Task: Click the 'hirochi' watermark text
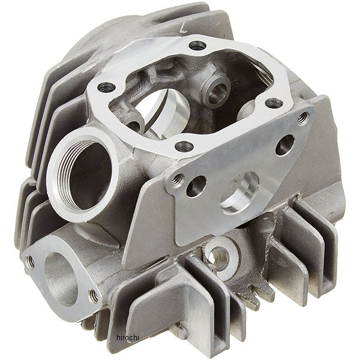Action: pyautogui.click(x=128, y=337)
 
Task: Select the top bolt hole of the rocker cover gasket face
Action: pyautogui.click(x=197, y=46)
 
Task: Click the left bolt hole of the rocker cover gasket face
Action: pyautogui.click(x=106, y=87)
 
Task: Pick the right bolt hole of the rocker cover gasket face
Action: pyautogui.click(x=274, y=103)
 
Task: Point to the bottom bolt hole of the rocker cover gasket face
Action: pyautogui.click(x=184, y=146)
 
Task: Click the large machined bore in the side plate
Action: pyautogui.click(x=239, y=193)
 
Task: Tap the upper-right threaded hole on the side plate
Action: pyautogui.click(x=303, y=118)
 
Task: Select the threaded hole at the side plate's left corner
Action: pyautogui.click(x=178, y=179)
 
